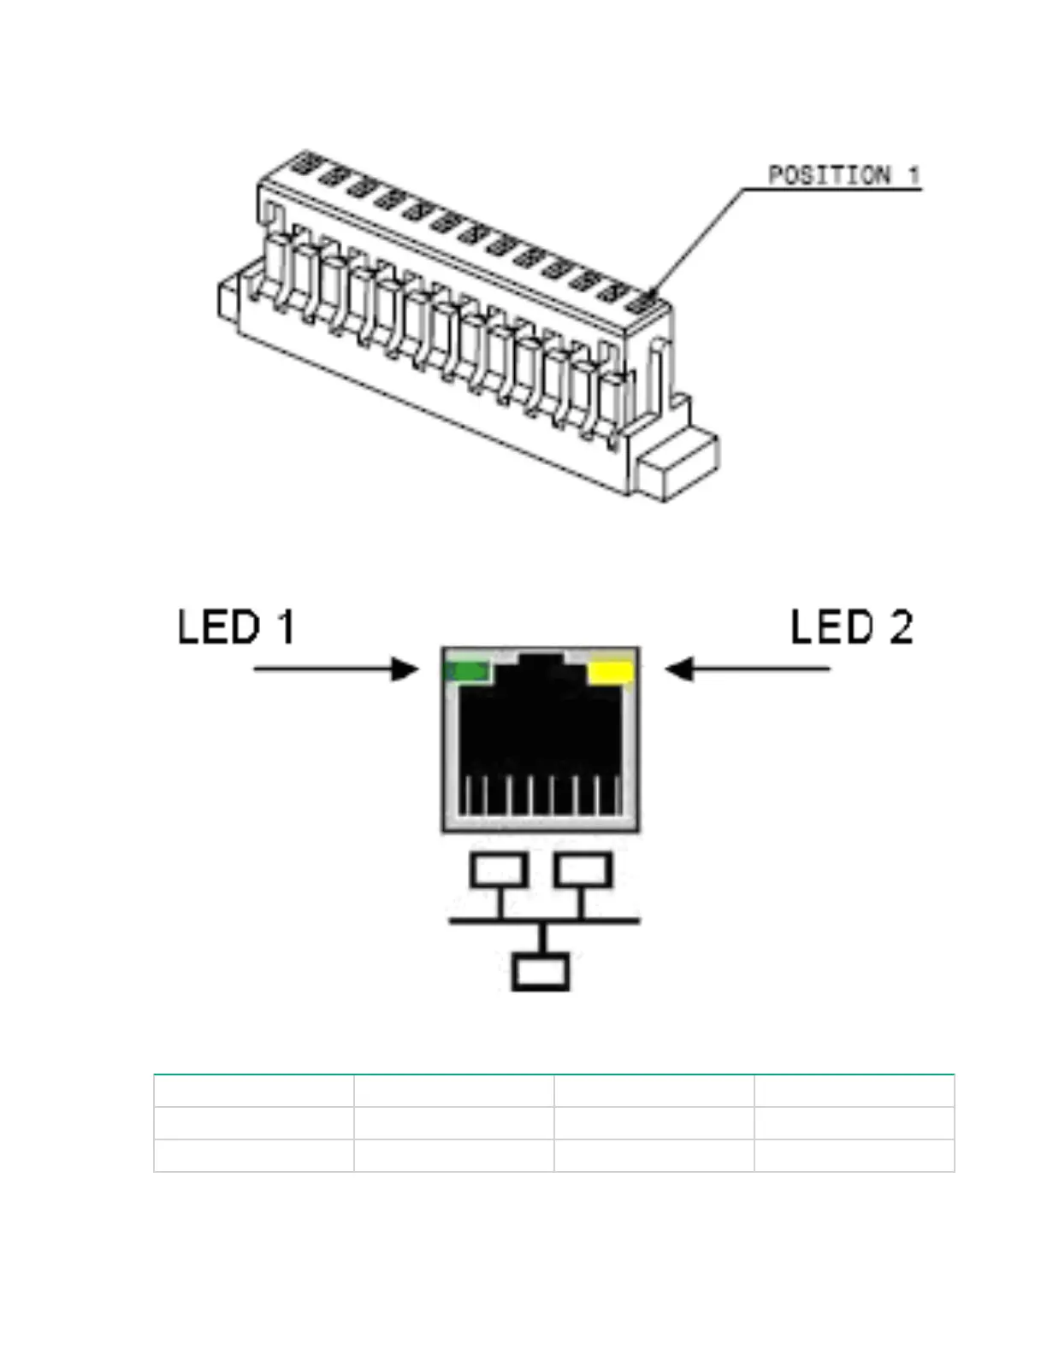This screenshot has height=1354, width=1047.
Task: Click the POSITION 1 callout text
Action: click(843, 176)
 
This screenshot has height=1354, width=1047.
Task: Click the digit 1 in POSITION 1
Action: click(914, 176)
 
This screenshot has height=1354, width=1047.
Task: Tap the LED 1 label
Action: click(236, 627)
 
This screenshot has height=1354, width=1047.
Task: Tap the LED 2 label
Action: click(851, 627)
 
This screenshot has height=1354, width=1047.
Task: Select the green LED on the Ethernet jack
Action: click(469, 672)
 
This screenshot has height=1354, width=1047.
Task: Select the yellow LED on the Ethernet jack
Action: click(611, 672)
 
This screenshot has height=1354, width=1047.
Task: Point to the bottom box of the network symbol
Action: click(541, 974)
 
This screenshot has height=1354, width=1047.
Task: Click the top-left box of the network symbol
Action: click(498, 870)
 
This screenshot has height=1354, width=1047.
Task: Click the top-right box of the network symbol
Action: click(583, 870)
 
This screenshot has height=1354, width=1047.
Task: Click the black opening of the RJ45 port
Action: click(539, 735)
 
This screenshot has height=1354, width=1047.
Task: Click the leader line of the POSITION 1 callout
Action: click(697, 239)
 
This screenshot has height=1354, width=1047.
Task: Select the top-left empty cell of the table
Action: click(254, 1091)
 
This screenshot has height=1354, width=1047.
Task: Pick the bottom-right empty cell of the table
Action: click(854, 1155)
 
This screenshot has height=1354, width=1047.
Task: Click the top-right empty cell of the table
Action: click(854, 1091)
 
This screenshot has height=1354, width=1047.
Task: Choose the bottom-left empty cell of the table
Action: click(254, 1155)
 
